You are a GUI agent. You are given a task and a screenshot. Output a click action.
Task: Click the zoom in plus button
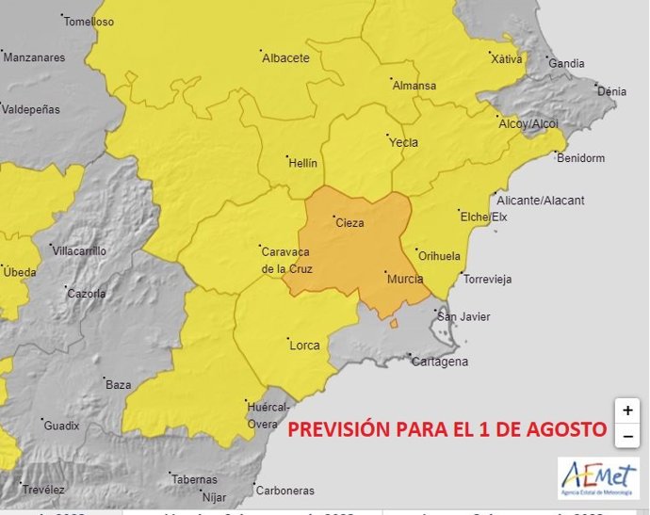(627, 411)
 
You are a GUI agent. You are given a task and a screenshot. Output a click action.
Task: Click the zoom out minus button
(627, 436)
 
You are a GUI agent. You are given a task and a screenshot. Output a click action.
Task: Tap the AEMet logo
(598, 477)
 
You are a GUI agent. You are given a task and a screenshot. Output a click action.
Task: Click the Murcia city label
(405, 280)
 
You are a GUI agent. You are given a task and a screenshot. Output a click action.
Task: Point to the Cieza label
(348, 223)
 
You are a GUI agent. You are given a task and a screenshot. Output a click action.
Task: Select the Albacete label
(285, 58)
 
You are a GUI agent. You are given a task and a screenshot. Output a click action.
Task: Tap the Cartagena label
(440, 362)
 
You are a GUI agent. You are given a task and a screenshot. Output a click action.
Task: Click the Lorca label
(304, 346)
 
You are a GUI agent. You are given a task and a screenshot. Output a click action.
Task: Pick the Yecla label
(403, 143)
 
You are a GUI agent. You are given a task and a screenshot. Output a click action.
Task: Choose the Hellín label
(302, 163)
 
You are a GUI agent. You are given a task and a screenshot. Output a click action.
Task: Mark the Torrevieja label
(487, 280)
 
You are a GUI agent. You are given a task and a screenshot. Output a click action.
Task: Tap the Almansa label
(414, 86)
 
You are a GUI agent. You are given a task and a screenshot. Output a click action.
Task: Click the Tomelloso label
(89, 22)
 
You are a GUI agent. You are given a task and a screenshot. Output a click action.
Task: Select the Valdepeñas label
(31, 109)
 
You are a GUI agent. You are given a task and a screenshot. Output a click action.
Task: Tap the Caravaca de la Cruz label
(286, 261)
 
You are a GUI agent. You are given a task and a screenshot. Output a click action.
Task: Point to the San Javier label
(468, 316)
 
